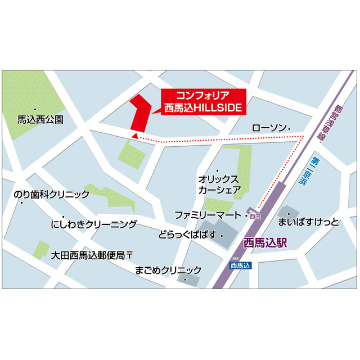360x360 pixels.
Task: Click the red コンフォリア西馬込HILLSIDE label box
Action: [204, 101]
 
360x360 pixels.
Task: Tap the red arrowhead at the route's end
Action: [134, 135]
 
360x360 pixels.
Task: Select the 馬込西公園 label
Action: [40, 119]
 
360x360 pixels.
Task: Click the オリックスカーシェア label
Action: [219, 184]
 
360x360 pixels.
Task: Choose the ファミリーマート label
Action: [208, 215]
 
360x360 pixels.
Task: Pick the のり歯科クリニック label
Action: [51, 195]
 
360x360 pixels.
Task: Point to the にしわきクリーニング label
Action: [94, 224]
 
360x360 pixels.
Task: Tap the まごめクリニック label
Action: [168, 270]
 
